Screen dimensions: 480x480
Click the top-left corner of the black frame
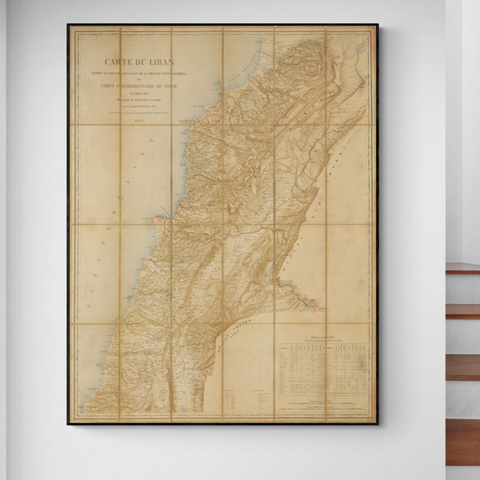click(68, 25)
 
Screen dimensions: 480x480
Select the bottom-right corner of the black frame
click(378, 423)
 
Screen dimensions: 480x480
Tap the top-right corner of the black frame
click(378, 25)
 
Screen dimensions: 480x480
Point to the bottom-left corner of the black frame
click(68, 423)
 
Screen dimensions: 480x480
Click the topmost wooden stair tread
click(462, 269)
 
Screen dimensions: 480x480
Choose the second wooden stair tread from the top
click(462, 310)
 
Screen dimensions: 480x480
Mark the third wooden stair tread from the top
click(462, 366)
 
